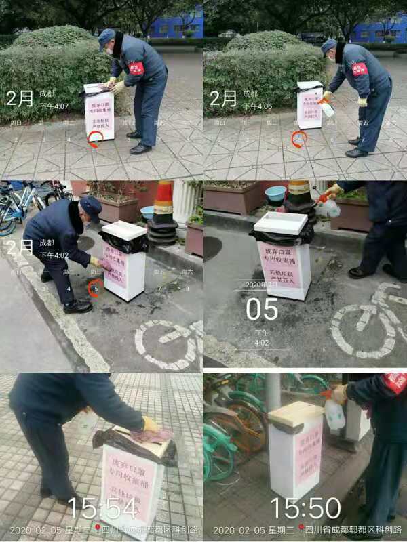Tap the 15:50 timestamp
click(305, 507)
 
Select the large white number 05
click(262, 309)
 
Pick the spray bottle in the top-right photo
click(328, 107)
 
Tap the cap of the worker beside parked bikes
click(90, 205)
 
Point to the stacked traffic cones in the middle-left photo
click(163, 213)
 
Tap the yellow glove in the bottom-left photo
click(150, 424)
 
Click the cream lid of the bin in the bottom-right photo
click(296, 413)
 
